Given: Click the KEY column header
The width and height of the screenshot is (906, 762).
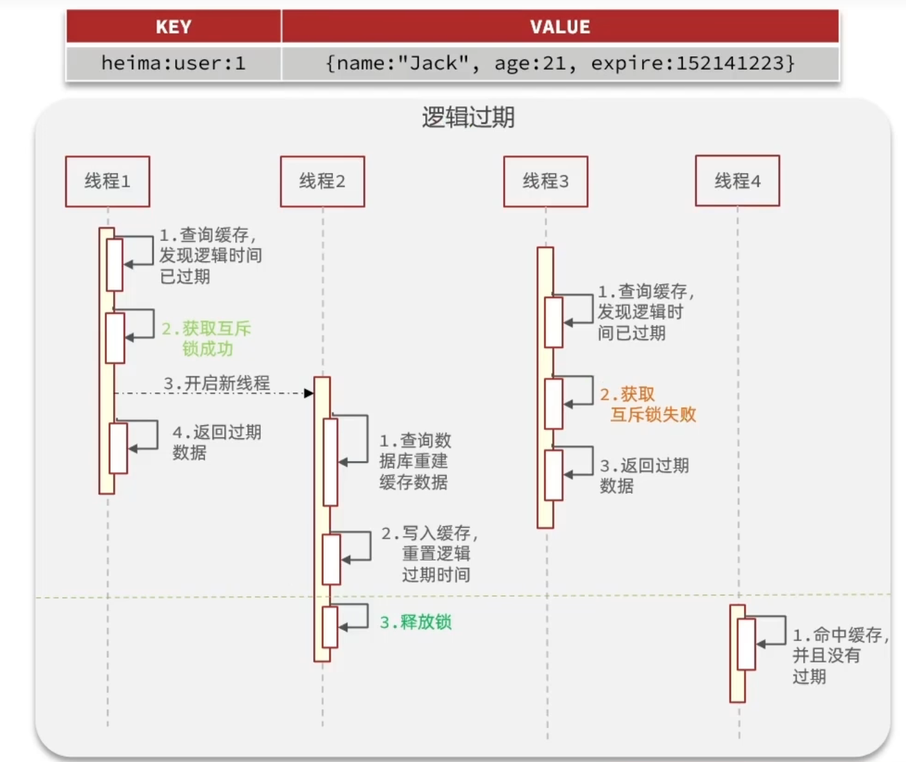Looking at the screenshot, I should pos(173,27).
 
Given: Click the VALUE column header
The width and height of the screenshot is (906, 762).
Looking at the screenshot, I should pos(560,27).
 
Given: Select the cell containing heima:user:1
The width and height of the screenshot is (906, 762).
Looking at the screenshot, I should pos(173,64).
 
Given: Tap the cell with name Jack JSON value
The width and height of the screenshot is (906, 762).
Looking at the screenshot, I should pos(560,64).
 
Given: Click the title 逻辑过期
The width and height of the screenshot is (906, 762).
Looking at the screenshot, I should pos(468,117).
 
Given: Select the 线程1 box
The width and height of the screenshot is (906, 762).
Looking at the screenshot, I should pos(108,181).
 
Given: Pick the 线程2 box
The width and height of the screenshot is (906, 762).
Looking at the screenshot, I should pos(322,181).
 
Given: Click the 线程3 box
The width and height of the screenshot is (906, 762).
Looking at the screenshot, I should pos(545,181).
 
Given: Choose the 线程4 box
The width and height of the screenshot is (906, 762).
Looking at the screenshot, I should pos(737,181).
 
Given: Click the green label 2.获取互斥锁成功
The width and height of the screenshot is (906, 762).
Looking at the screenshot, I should pos(206,338).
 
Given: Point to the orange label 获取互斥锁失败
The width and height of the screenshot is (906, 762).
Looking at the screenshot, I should pos(648,405).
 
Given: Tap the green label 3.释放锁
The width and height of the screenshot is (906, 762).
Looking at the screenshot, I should pos(415,622).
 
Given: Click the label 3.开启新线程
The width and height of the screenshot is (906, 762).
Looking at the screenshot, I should pos(217,383).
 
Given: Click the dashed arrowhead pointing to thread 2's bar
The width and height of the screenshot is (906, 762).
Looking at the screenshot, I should pos(309,394).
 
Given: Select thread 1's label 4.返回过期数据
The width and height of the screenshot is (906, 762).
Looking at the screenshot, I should pos(216,442).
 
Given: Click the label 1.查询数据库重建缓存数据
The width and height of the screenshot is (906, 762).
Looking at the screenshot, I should pos(415,461).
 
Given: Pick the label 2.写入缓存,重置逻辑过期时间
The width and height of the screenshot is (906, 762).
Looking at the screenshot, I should pos(429,554).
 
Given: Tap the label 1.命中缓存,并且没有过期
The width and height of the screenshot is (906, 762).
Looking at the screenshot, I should pos(840,655).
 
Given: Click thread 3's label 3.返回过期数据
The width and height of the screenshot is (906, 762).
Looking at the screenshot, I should pos(644,475).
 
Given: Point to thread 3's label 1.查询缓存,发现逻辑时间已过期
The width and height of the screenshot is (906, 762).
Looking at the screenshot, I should pos(645,312).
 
